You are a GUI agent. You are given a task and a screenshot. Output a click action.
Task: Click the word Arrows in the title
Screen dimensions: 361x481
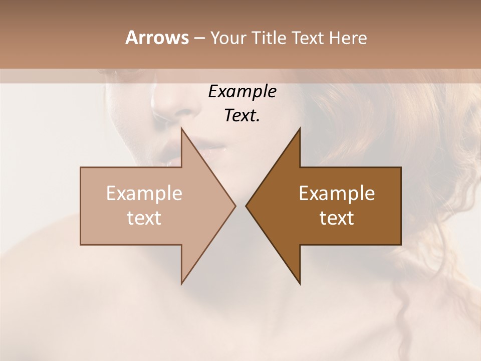click(x=157, y=38)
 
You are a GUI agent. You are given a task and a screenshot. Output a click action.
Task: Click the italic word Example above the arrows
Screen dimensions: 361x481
click(x=242, y=92)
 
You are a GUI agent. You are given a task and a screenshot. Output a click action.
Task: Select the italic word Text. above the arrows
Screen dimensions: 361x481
click(x=242, y=115)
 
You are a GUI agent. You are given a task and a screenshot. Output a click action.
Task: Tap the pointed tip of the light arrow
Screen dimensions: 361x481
click(x=234, y=206)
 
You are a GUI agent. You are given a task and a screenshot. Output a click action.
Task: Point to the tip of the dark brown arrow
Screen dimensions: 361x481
click(x=247, y=206)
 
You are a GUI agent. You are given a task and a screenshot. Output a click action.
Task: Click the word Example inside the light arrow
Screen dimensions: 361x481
click(x=144, y=194)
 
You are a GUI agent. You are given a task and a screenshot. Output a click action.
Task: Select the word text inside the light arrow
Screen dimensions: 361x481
click(x=144, y=218)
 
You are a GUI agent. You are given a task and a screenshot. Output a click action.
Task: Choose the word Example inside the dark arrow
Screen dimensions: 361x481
click(x=337, y=194)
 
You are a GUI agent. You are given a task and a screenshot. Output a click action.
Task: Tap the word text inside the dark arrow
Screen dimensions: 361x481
click(x=337, y=218)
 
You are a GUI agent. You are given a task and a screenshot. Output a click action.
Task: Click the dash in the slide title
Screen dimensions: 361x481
click(x=199, y=39)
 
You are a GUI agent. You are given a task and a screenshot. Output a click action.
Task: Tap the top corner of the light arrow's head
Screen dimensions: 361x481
click(x=182, y=129)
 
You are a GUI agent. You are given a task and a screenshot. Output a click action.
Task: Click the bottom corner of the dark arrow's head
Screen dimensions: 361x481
click(x=300, y=284)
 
